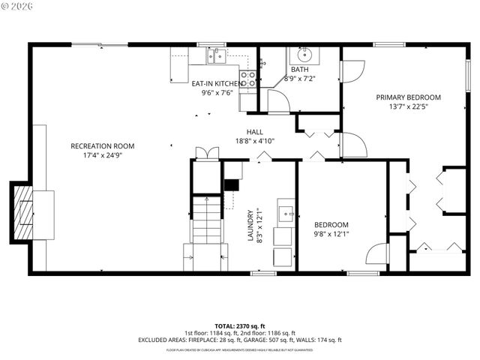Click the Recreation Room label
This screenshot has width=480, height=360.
pos(102,145)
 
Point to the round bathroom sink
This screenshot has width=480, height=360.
pos(304,55)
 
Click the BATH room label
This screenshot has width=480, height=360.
pos(299,69)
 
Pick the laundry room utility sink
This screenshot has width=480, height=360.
pos(286,213)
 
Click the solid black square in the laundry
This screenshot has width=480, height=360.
pos(232,184)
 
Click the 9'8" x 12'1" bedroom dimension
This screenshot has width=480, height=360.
pos(331,234)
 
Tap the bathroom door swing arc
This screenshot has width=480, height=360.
pos(278,101)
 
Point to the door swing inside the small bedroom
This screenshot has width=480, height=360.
pos(376,255)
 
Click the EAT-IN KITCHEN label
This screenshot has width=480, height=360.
pos(217,83)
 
